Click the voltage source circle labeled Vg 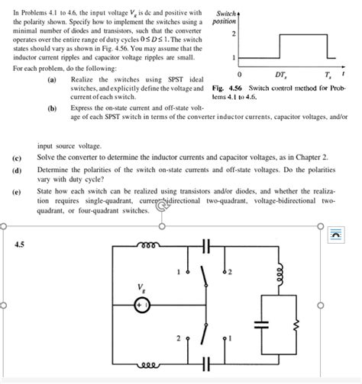[141, 303]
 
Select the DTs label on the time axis [281, 75]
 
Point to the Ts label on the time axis [327, 75]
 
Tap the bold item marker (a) [51, 80]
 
